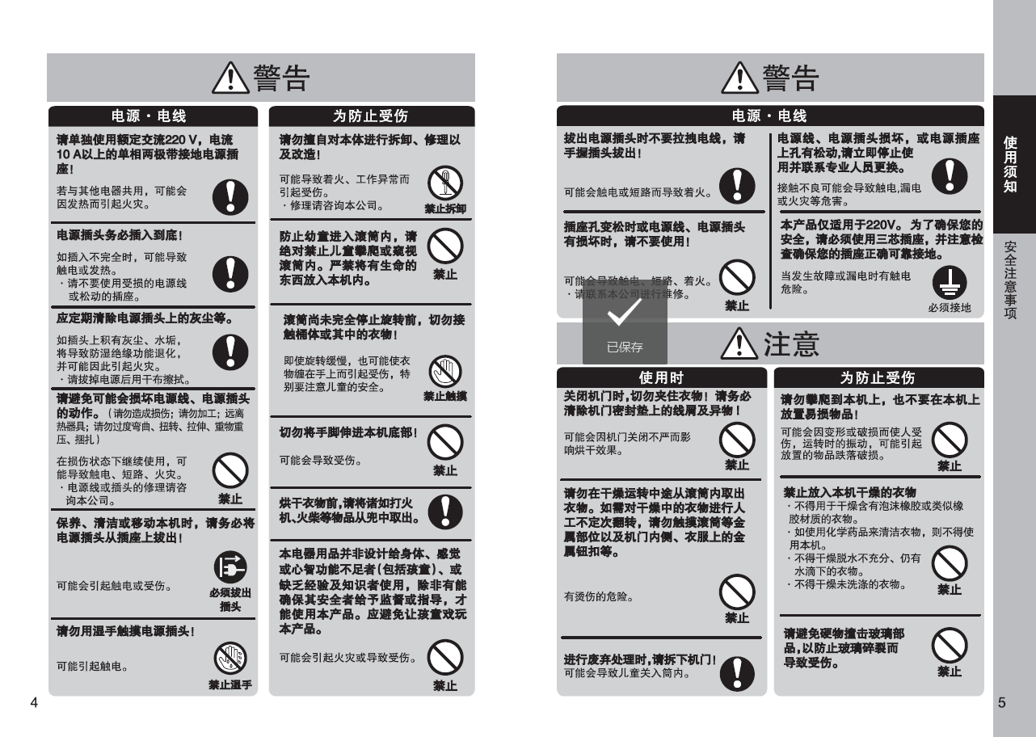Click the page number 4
coord(34,703)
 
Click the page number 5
coord(1002,703)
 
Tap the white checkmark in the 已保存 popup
coord(625,312)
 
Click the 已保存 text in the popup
coord(625,347)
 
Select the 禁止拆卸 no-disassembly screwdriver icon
coord(445,183)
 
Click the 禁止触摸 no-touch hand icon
coord(445,371)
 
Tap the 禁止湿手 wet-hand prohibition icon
coord(230,659)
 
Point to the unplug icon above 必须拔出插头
coord(230,567)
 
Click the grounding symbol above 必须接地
coord(950,283)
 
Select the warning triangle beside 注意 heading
coord(739,344)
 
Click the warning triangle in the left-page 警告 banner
coord(230,78)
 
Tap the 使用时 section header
coord(661,377)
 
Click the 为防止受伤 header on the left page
coord(372,116)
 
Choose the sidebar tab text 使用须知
coord(1010,164)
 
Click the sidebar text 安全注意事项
coord(1010,280)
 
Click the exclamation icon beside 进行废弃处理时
coord(737,674)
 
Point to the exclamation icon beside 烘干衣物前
coord(445,512)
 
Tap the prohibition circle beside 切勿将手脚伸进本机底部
coord(445,443)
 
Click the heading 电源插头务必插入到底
coord(120,235)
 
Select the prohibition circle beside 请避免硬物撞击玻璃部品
coord(950,645)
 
